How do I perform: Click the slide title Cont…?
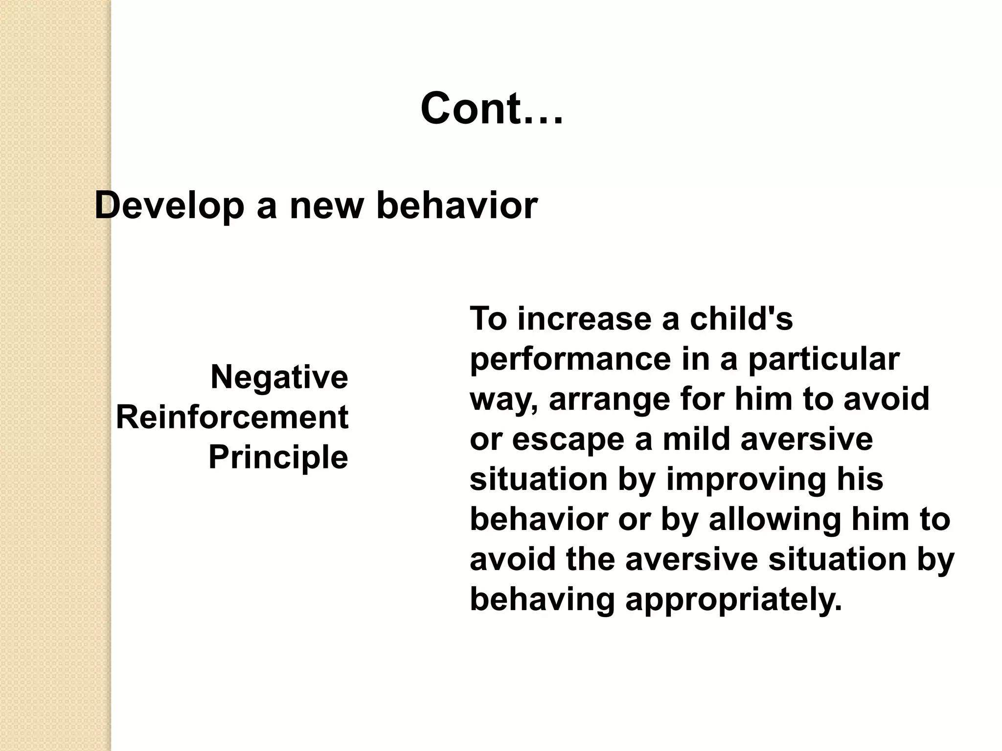pyautogui.click(x=492, y=109)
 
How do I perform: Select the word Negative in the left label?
pyautogui.click(x=279, y=377)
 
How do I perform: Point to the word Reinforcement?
pyautogui.click(x=232, y=418)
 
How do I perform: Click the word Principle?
pyautogui.click(x=278, y=458)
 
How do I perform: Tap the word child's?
pyautogui.click(x=741, y=319)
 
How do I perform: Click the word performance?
pyautogui.click(x=570, y=360)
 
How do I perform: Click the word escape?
pyautogui.click(x=568, y=439)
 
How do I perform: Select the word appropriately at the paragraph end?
pyautogui.click(x=733, y=600)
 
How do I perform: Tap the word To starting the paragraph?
pyautogui.click(x=488, y=319)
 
